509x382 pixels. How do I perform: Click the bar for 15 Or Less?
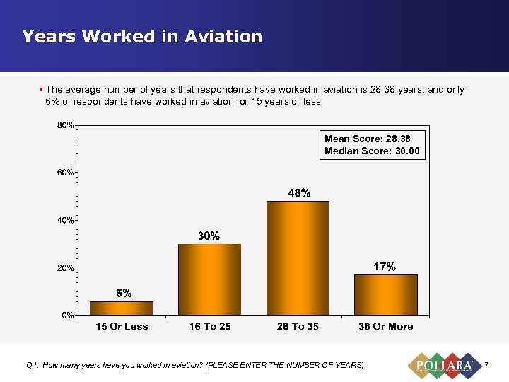pyautogui.click(x=122, y=308)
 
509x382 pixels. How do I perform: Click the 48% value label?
pyautogui.click(x=298, y=192)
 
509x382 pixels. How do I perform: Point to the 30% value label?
pyautogui.click(x=209, y=236)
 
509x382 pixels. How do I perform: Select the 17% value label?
pyautogui.click(x=385, y=267)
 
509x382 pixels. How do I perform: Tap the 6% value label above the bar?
pyautogui.click(x=124, y=293)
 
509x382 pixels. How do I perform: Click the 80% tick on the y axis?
pyautogui.click(x=66, y=126)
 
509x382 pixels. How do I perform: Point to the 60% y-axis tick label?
pyautogui.click(x=66, y=173)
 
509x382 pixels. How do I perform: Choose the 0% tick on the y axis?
pyautogui.click(x=68, y=315)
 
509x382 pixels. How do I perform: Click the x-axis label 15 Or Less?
pyautogui.click(x=122, y=327)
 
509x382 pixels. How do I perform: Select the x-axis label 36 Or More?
pyautogui.click(x=386, y=327)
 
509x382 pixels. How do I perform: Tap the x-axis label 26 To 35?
pyautogui.click(x=298, y=327)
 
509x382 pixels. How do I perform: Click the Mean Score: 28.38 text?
pyautogui.click(x=367, y=139)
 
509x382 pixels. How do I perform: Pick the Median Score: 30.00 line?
pyautogui.click(x=372, y=151)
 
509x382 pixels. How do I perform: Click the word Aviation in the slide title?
pyautogui.click(x=223, y=37)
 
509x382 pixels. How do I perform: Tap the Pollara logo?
pyautogui.click(x=443, y=365)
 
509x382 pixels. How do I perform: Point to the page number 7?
pyautogui.click(x=486, y=365)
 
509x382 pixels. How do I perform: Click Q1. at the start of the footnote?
pyautogui.click(x=32, y=365)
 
